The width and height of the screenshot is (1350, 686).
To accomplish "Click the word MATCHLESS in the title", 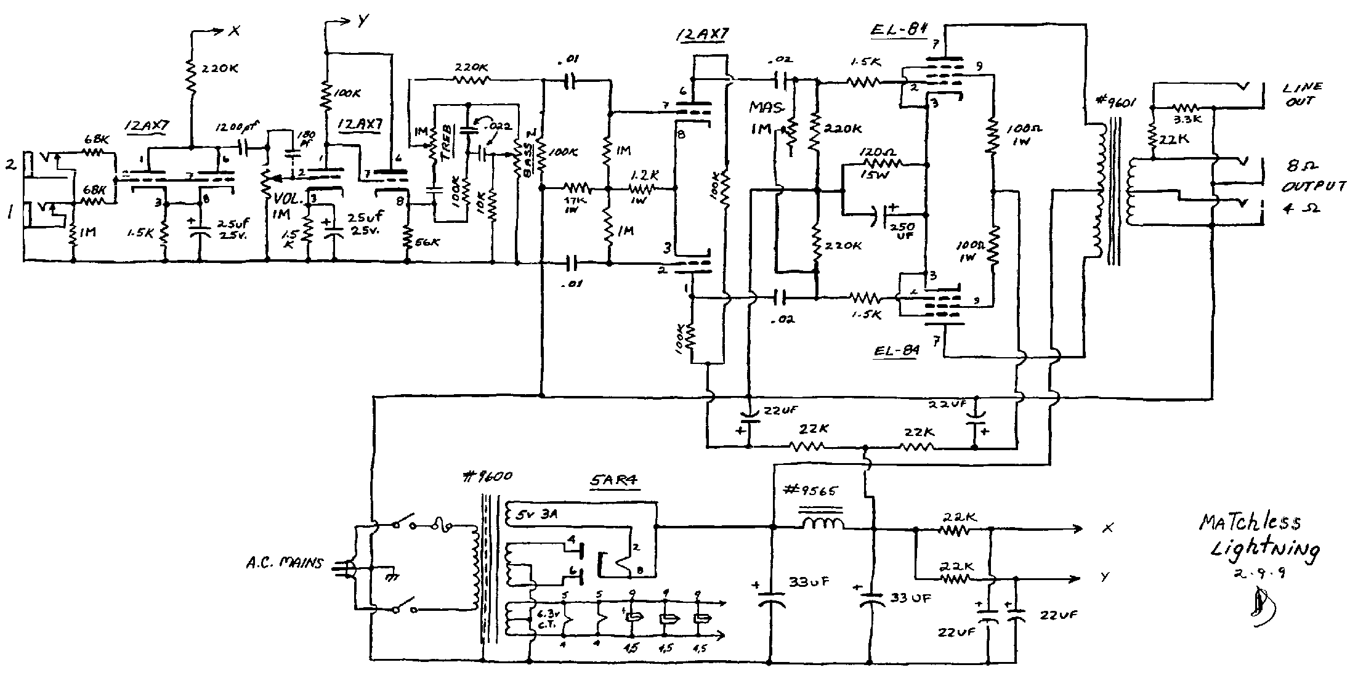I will (1250, 522).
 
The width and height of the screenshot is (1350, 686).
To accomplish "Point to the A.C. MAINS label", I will (283, 562).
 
